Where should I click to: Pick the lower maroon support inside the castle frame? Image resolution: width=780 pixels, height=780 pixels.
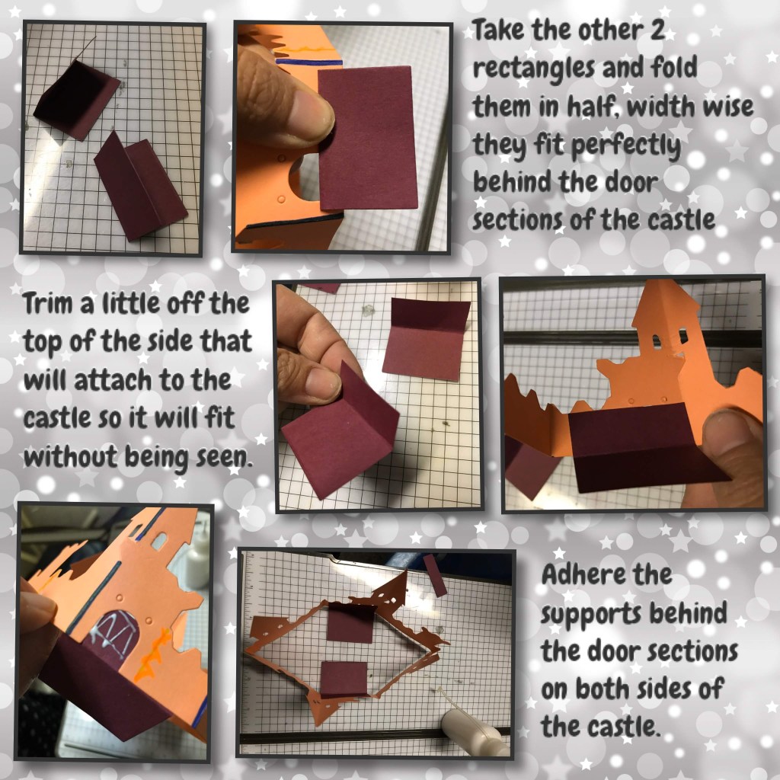click(x=344, y=679)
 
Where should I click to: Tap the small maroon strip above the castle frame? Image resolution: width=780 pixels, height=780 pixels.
click(x=435, y=575)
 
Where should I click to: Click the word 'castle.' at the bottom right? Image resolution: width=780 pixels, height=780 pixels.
click(x=602, y=727)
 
